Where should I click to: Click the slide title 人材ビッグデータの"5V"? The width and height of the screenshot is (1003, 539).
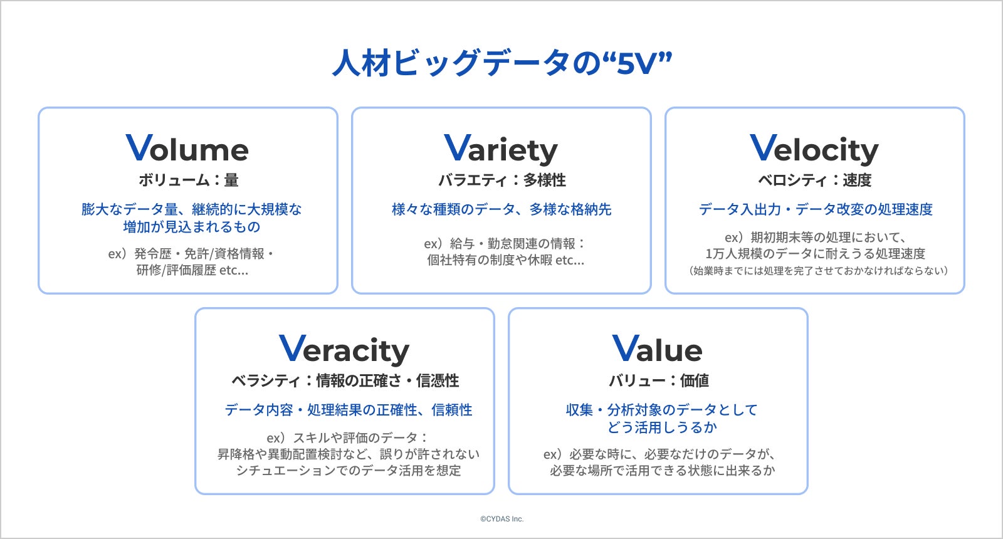pyautogui.click(x=502, y=63)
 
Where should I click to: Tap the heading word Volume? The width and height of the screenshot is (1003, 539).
pyautogui.click(x=187, y=148)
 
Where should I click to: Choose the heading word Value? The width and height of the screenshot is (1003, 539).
pyautogui.click(x=657, y=348)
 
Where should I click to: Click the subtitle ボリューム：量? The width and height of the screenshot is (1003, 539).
pyautogui.click(x=189, y=180)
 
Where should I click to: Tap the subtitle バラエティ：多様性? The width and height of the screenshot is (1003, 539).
pyautogui.click(x=502, y=180)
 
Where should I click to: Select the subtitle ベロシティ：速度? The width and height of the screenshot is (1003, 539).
pyautogui.click(x=814, y=180)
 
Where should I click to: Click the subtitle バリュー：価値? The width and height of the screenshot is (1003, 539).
pyautogui.click(x=659, y=380)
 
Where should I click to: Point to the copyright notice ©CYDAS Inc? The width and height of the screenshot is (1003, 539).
pyautogui.click(x=502, y=519)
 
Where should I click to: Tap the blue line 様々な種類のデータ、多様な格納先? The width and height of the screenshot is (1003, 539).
pyautogui.click(x=501, y=209)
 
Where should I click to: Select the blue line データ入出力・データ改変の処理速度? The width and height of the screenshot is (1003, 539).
pyautogui.click(x=816, y=209)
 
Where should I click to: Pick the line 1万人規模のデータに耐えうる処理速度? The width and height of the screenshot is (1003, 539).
pyautogui.click(x=816, y=254)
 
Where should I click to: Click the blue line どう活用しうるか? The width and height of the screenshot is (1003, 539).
pyautogui.click(x=662, y=427)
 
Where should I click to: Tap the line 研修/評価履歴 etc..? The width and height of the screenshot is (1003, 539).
pyautogui.click(x=192, y=270)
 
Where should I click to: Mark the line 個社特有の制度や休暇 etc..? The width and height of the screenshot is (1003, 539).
pyautogui.click(x=505, y=260)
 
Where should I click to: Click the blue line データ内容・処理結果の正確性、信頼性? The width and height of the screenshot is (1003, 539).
pyautogui.click(x=349, y=410)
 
